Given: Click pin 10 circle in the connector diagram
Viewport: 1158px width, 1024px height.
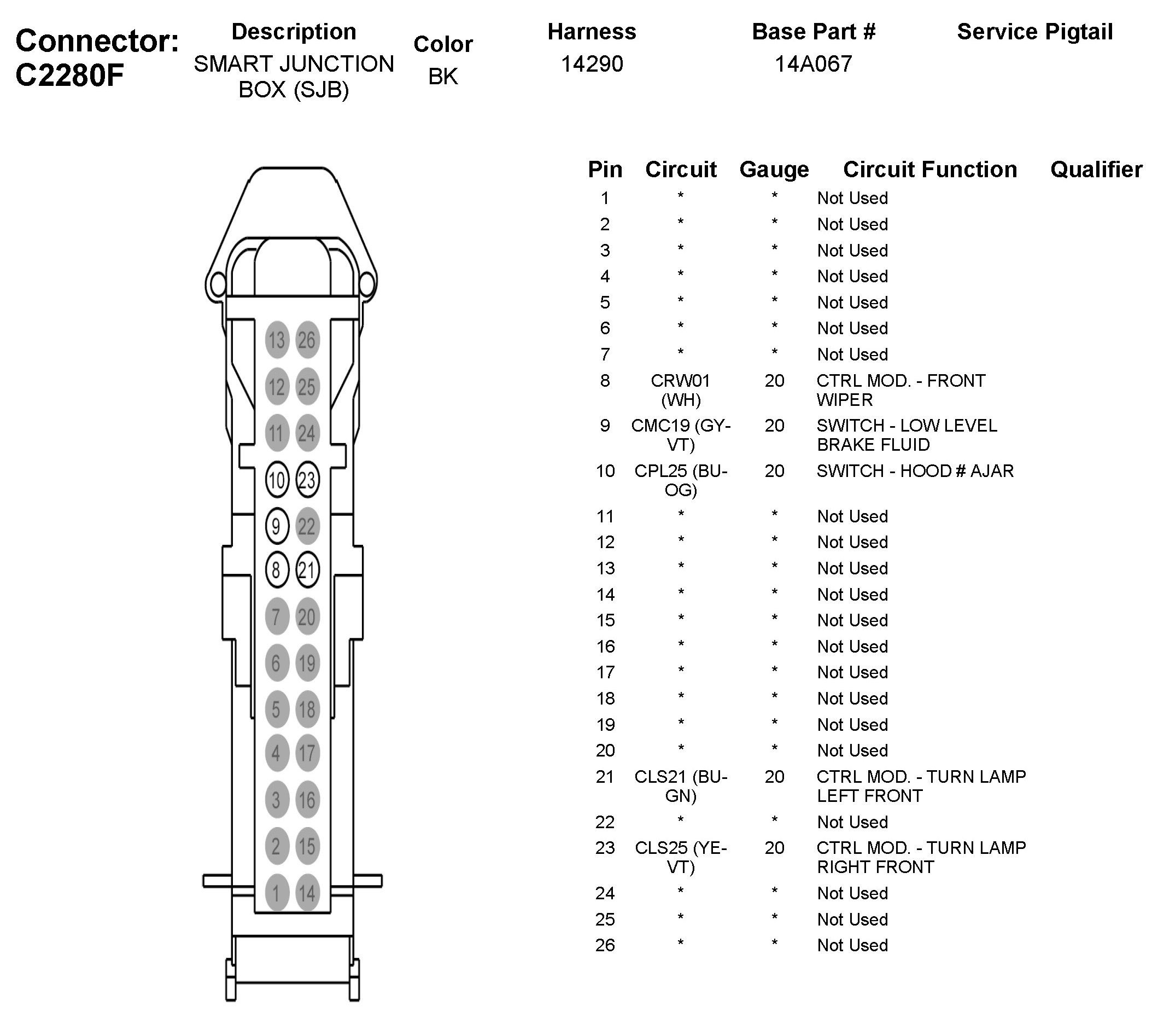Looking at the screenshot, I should click(x=277, y=480).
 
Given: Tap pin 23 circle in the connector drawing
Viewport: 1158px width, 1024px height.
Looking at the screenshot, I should click(x=307, y=480).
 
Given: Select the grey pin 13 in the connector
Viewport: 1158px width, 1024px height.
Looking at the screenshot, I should click(x=277, y=340).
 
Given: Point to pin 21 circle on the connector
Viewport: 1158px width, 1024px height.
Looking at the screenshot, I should click(x=307, y=569).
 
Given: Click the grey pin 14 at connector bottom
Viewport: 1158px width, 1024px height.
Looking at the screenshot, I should click(x=307, y=894).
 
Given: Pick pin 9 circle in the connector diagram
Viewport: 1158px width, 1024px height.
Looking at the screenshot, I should click(x=277, y=526).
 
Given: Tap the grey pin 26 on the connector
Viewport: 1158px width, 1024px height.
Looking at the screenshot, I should click(x=307, y=340).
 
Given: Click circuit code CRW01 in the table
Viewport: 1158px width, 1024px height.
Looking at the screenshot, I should click(x=680, y=381).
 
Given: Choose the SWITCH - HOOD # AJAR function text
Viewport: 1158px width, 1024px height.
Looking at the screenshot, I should click(x=914, y=471).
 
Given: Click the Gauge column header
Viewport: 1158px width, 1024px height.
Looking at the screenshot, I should click(x=774, y=170).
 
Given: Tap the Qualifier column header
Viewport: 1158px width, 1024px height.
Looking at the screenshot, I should click(x=1096, y=170).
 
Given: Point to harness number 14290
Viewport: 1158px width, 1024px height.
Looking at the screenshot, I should click(x=592, y=64).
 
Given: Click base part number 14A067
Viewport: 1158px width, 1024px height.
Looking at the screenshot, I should click(x=813, y=64).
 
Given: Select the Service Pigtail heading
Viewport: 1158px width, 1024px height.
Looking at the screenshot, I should click(x=1034, y=32).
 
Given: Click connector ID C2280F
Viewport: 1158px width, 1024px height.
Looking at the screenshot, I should click(x=69, y=75).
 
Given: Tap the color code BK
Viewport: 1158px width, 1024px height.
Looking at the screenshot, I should click(x=442, y=77).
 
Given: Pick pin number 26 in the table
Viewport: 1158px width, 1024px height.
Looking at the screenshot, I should click(x=605, y=945).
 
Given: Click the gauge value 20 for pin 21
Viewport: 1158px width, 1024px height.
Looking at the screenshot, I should click(x=774, y=776).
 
